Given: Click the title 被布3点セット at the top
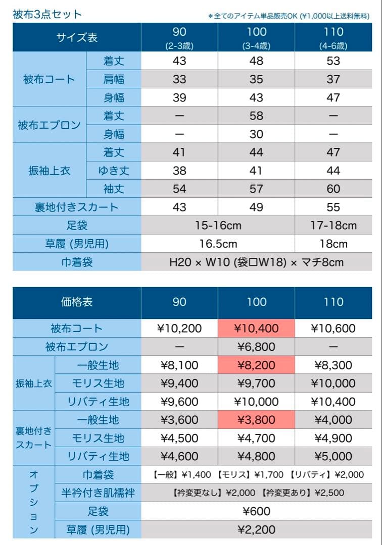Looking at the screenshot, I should (47, 14).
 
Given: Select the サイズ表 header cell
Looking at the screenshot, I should (77, 38).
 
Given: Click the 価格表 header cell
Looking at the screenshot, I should (77, 302).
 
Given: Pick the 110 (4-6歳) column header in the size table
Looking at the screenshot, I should (333, 38).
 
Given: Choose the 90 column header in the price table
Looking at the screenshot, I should (179, 302).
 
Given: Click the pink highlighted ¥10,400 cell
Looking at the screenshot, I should (256, 329).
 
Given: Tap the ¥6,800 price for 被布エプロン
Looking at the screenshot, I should (256, 347).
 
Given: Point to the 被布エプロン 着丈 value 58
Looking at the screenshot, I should (256, 116).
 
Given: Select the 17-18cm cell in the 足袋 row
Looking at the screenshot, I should (333, 225).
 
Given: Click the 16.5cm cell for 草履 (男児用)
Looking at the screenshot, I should (218, 244).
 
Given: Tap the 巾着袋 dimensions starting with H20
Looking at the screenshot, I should (256, 262).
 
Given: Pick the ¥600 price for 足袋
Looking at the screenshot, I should (256, 511).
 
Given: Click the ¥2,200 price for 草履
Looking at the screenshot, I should (256, 529).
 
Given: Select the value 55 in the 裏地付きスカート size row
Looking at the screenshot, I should (333, 207).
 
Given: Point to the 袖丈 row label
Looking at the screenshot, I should (114, 189).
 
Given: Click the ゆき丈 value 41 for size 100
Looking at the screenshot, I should (256, 171).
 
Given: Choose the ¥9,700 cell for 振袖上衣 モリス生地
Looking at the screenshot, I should (256, 384).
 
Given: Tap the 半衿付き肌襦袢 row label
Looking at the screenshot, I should (98, 493).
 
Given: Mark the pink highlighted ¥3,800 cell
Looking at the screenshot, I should (256, 420).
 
